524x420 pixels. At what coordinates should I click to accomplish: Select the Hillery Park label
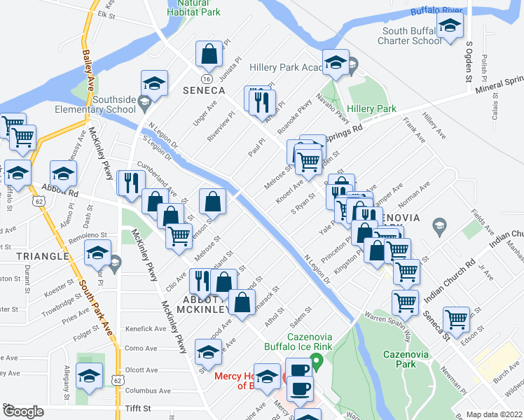371,108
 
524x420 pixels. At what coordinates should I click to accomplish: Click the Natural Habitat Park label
194,7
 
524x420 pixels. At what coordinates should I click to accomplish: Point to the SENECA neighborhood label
204,90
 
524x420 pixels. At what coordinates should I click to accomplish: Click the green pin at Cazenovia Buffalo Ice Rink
316,361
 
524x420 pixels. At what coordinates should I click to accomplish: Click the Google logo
23,412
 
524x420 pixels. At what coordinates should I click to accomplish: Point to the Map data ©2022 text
495,414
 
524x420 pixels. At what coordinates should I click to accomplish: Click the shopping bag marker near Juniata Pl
209,52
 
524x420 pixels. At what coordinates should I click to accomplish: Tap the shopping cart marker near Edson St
457,319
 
